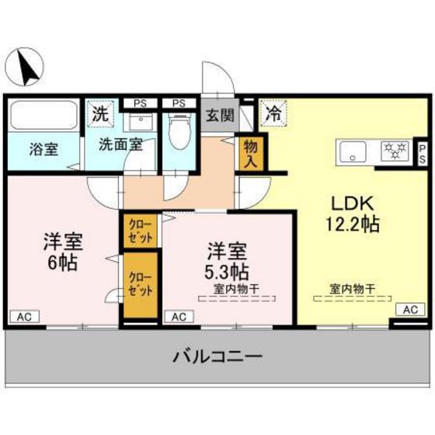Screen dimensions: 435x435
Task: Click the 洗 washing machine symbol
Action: point(100,113)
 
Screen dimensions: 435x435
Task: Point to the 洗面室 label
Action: point(120,144)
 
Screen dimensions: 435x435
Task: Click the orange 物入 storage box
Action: point(251,151)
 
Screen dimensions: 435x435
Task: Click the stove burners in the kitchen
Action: point(395,151)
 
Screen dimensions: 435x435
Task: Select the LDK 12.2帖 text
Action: point(354,214)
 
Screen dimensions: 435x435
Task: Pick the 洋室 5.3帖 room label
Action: point(228,261)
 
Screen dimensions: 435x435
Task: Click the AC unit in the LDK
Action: point(409,309)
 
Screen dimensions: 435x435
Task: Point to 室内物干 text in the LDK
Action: point(352,289)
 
